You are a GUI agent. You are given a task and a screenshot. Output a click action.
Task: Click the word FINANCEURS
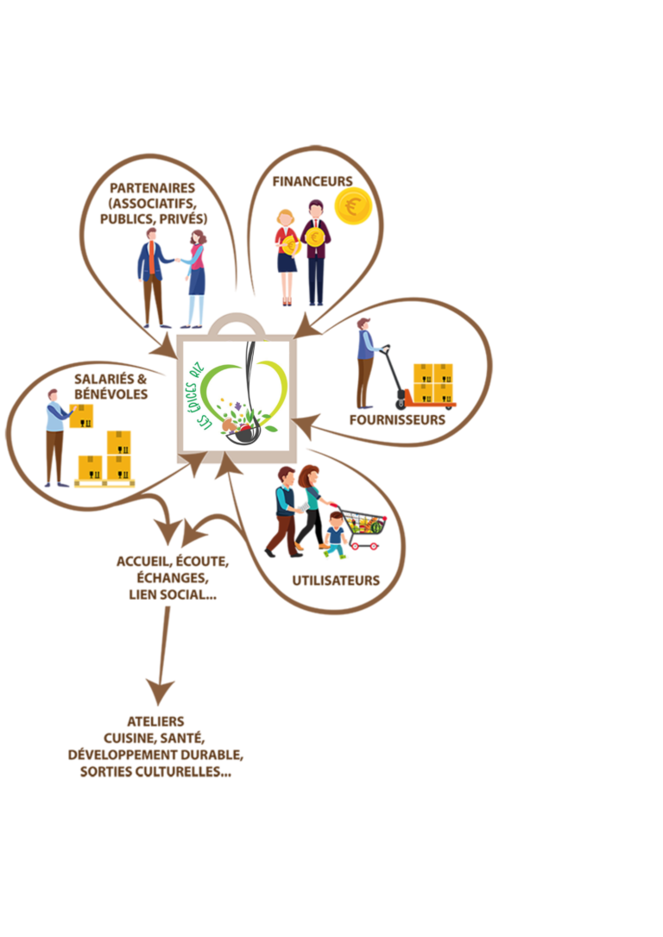(x=312, y=181)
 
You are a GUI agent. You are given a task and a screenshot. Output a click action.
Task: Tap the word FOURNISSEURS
(x=397, y=419)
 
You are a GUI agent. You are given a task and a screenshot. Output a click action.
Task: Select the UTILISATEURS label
(x=336, y=581)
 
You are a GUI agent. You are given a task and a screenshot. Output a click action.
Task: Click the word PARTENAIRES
(x=153, y=187)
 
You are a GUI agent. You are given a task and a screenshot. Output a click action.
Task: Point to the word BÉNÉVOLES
(x=110, y=394)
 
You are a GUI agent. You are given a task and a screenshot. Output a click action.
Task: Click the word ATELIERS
(x=155, y=721)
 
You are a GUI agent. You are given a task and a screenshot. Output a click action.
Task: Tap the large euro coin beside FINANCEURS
(x=353, y=206)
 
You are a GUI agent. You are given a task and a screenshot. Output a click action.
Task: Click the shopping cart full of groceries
(x=361, y=528)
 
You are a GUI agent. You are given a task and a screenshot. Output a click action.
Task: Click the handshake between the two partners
(x=178, y=260)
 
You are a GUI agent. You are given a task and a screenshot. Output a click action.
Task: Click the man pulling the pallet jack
(x=366, y=363)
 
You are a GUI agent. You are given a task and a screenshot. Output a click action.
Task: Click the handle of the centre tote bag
(x=237, y=323)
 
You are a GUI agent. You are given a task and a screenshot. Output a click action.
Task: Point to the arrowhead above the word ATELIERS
(x=160, y=691)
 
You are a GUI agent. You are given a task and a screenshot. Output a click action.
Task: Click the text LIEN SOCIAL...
(x=167, y=594)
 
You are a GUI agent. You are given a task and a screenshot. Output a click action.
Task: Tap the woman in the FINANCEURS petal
(x=287, y=258)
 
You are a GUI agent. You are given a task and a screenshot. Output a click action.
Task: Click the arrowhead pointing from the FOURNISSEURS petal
(x=306, y=424)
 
